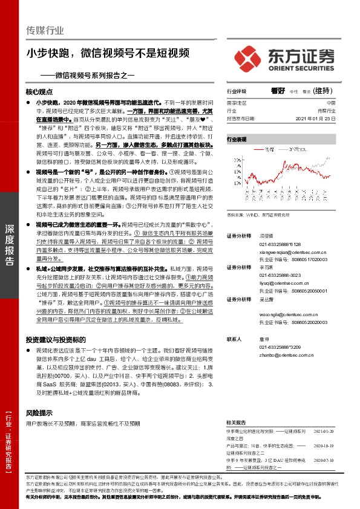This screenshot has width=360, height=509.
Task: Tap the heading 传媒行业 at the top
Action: coord(45,30)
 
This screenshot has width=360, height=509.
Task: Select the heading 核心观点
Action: coord(40,92)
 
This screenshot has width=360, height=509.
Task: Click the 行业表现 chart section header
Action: coord(237,139)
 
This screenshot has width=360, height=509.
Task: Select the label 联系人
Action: coord(234,340)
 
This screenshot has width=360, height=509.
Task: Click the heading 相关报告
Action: coord(236,422)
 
